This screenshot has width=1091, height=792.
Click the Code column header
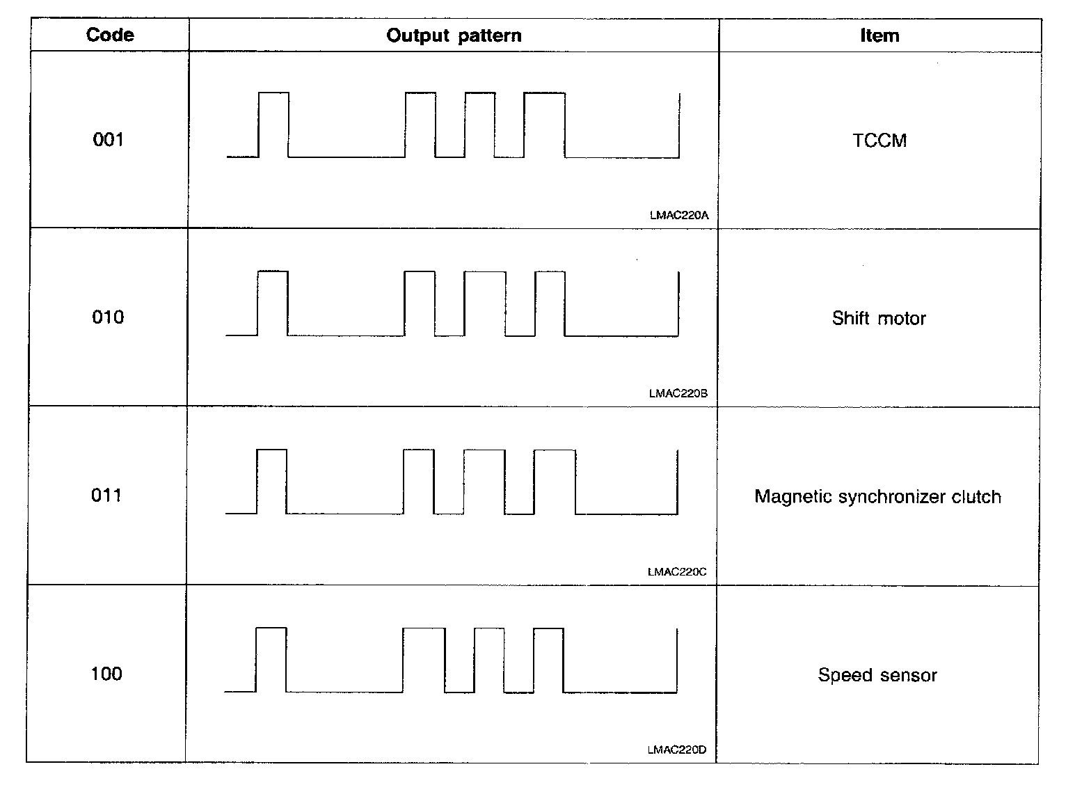click(110, 35)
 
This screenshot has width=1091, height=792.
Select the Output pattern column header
click(454, 35)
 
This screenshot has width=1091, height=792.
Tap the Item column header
click(879, 35)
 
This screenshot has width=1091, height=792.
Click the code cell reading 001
click(108, 140)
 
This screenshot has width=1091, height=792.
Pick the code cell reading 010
click(108, 317)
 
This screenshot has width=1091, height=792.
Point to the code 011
click(106, 496)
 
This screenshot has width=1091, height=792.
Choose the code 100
click(106, 674)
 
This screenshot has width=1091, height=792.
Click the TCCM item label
click(879, 141)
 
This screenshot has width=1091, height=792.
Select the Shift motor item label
click(879, 319)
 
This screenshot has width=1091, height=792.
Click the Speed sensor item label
click(877, 675)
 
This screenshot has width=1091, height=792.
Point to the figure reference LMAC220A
click(678, 216)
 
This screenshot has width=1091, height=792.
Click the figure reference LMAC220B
click(678, 394)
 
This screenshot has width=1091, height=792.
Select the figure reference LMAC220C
click(676, 572)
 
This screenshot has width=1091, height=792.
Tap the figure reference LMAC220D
click(676, 750)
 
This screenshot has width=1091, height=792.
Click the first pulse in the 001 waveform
click(273, 125)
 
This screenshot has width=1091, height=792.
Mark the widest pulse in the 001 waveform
click(544, 125)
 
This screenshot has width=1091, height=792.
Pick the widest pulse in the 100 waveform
click(424, 660)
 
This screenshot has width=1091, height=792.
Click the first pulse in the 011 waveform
click(271, 482)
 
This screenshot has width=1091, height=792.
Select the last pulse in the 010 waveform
click(550, 303)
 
